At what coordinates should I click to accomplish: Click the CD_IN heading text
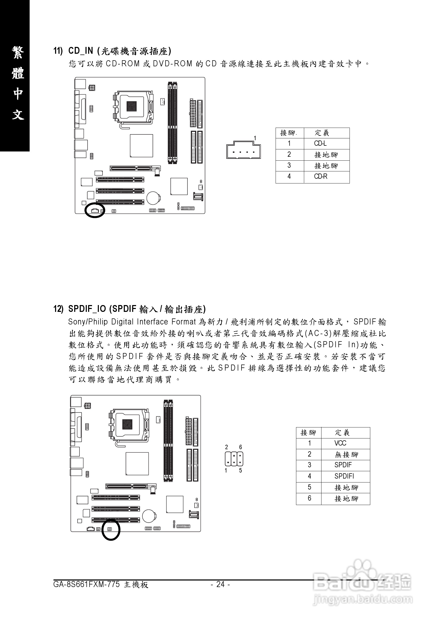coord(81,51)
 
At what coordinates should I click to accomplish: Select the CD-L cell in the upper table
coord(320,144)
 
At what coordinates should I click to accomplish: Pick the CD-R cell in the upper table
coord(321,176)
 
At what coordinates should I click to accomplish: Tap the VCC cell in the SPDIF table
coord(340,443)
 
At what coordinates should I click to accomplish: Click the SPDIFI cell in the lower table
coord(344,476)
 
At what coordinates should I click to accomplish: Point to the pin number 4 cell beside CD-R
coord(289,176)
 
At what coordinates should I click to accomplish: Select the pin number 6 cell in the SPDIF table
coord(309,498)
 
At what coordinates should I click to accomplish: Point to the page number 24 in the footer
coord(220,584)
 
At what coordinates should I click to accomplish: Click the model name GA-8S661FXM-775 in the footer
coord(87,584)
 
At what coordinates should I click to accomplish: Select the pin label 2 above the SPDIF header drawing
coord(226,447)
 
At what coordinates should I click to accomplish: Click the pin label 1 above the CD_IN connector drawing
coord(255,138)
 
